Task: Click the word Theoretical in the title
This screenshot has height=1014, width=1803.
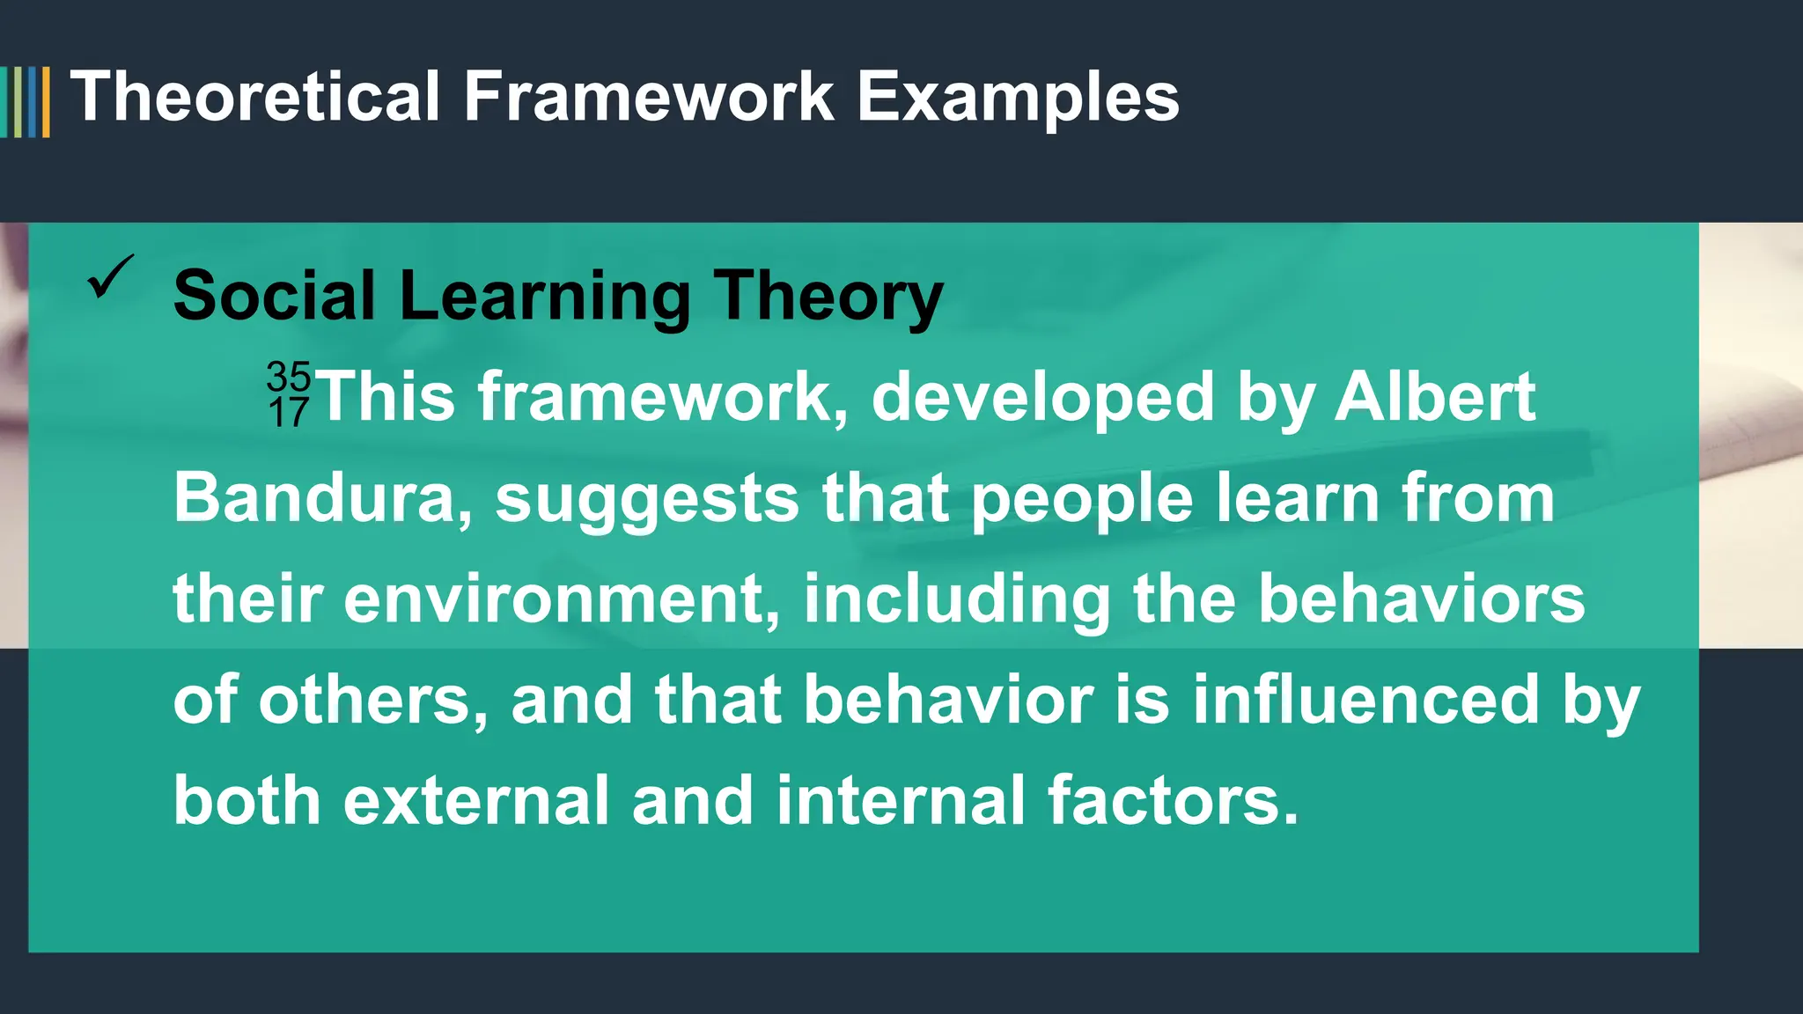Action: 254,97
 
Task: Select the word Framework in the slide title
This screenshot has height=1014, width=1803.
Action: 649,97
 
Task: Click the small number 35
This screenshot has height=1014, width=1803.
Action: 289,377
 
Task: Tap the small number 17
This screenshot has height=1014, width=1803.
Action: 289,413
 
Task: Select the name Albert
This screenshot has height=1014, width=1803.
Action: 1435,397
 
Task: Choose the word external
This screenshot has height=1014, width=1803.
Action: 476,801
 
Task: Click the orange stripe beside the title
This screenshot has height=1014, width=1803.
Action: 46,102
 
